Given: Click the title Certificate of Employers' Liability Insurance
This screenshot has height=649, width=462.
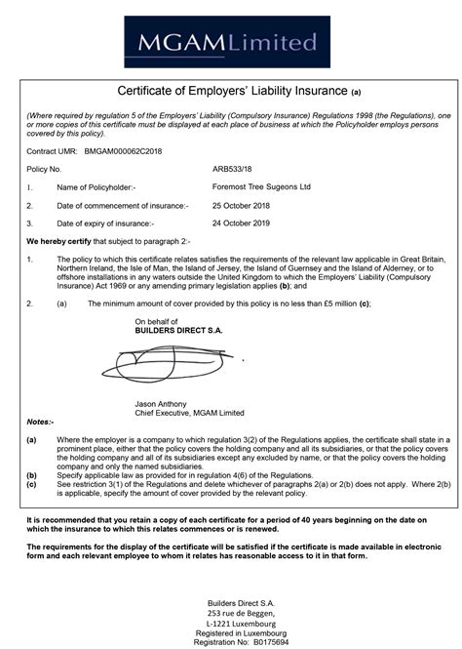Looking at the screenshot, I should pos(231,92).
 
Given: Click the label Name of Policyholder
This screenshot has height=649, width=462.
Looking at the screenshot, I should pos(96,187).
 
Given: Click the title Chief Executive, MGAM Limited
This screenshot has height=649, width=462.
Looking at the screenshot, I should pos(189,413).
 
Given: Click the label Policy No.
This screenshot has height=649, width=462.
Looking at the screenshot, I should pos(44,170).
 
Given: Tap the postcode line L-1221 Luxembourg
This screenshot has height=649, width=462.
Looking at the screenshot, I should pos(231,611).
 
